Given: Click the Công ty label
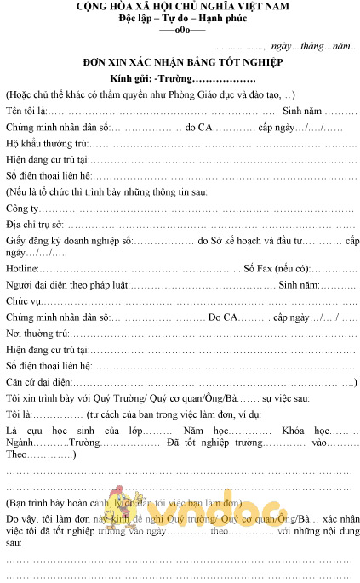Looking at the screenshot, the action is click(22, 209).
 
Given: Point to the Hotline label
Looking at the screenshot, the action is click(22, 268).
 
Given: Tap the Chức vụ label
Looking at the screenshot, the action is click(24, 300).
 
